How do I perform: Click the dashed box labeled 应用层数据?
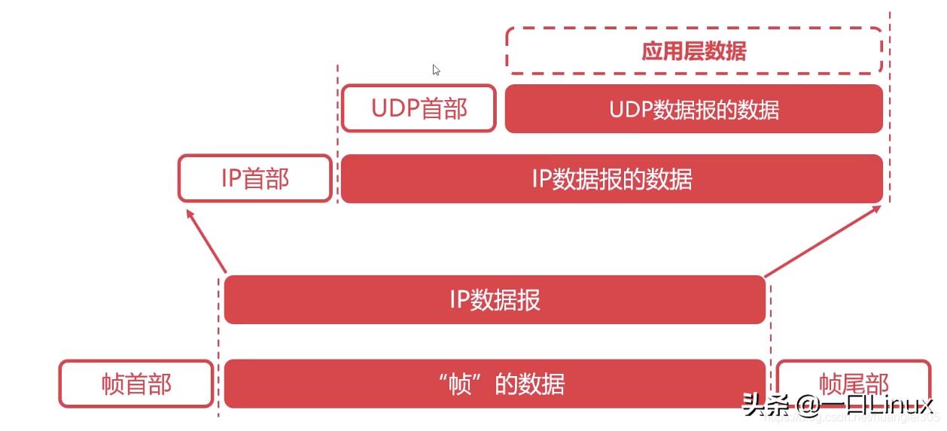[693, 51]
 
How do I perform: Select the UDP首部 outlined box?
[419, 108]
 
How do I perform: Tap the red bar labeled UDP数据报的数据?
[693, 109]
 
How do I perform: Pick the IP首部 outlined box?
[255, 179]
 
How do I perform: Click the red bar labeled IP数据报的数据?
[611, 179]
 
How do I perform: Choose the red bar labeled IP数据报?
[495, 300]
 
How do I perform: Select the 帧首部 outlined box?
[136, 384]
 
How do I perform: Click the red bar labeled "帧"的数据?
[495, 384]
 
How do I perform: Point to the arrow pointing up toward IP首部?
[206, 240]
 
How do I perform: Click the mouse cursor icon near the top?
[436, 70]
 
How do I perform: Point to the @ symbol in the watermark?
[810, 406]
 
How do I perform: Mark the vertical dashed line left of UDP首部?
[337, 113]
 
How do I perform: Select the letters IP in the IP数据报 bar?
[459, 300]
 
